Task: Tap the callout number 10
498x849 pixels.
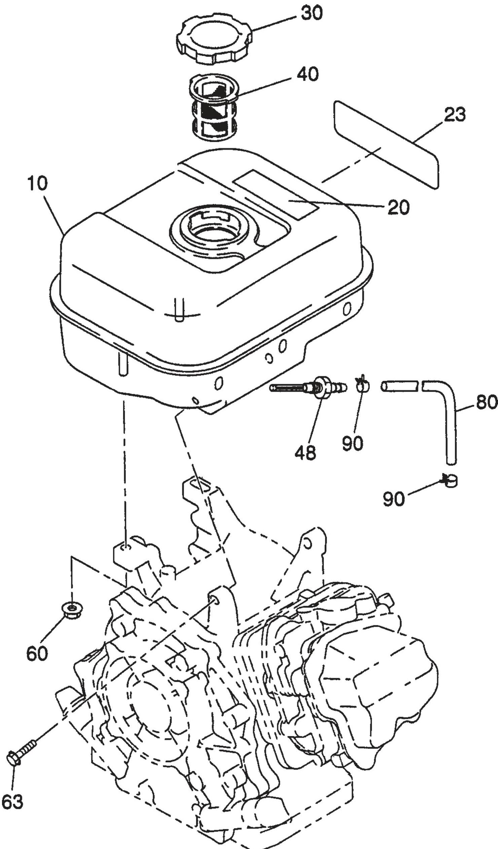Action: coord(36,184)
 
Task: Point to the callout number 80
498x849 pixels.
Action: coord(487,401)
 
